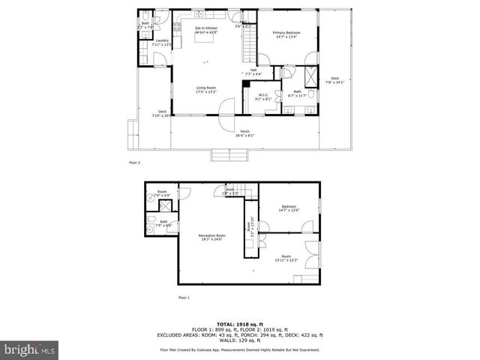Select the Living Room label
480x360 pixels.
pyautogui.click(x=206, y=91)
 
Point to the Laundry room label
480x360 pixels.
pyautogui.click(x=162, y=43)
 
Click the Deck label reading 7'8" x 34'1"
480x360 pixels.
pyautogui.click(x=334, y=80)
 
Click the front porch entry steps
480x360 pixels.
pyautogui.click(x=229, y=154)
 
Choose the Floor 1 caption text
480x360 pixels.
pyautogui.click(x=184, y=298)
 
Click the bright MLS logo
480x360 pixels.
pyautogui.click(x=30, y=349)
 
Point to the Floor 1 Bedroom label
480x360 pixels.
pyautogui.click(x=289, y=208)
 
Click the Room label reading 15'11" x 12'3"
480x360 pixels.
pyautogui.click(x=286, y=258)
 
